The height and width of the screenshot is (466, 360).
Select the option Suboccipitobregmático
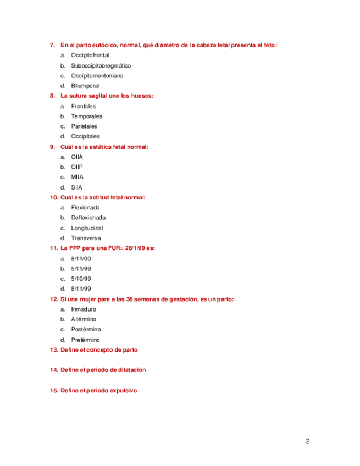click(101, 65)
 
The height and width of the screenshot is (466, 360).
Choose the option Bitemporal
click(85, 86)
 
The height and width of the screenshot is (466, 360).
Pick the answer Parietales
click(86, 126)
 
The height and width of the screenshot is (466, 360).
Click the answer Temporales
click(86, 116)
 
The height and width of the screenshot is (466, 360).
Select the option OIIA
click(77, 157)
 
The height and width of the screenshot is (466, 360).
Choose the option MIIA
click(77, 177)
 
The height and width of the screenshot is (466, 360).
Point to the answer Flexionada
click(85, 208)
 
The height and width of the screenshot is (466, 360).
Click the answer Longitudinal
click(87, 228)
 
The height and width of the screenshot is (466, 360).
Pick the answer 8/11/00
click(81, 258)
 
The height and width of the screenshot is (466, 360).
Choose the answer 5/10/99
click(81, 279)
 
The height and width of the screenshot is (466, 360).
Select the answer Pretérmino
click(85, 340)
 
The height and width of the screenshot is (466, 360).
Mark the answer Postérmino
click(86, 329)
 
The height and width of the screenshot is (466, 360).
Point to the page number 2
click(308, 441)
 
